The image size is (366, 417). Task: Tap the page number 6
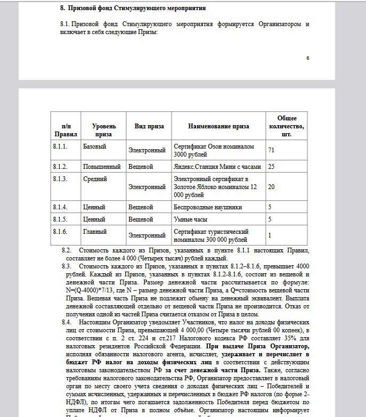point(307,58)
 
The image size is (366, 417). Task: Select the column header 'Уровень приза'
point(103,130)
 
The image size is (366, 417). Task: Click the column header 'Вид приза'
point(149,127)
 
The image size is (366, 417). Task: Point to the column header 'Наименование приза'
point(218,127)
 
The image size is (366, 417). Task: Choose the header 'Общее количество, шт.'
point(287,126)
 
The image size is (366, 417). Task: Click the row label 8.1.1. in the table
point(60,146)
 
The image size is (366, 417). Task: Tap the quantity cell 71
point(271,150)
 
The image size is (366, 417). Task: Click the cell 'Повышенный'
point(102,167)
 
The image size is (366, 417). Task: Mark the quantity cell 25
point(271,167)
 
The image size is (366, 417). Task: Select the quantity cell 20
point(271,187)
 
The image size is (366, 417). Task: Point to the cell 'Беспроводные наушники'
point(208,207)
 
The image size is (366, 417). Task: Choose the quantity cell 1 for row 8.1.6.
point(270,235)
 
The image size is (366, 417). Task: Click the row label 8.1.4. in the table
point(60,207)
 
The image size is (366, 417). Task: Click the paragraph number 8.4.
point(67,322)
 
